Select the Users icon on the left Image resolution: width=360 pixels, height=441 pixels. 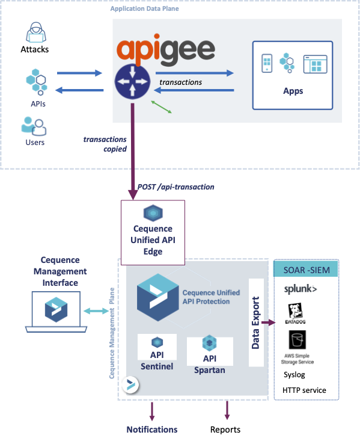[x=34, y=126]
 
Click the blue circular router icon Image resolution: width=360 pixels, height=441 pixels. [x=132, y=82]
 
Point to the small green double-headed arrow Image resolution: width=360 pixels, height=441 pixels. [x=163, y=106]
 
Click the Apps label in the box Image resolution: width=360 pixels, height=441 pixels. [x=293, y=91]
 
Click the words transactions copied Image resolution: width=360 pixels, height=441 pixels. [x=105, y=144]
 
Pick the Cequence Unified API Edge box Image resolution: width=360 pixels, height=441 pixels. [x=153, y=232]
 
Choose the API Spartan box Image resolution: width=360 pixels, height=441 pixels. [x=209, y=356]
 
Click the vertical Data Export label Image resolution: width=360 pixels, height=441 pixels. [x=255, y=322]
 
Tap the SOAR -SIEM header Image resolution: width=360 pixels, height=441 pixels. [x=306, y=270]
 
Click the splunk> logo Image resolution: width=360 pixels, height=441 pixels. [x=301, y=289]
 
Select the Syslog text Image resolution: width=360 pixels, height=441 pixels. [x=294, y=375]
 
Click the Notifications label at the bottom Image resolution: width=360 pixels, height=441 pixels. [x=151, y=430]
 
